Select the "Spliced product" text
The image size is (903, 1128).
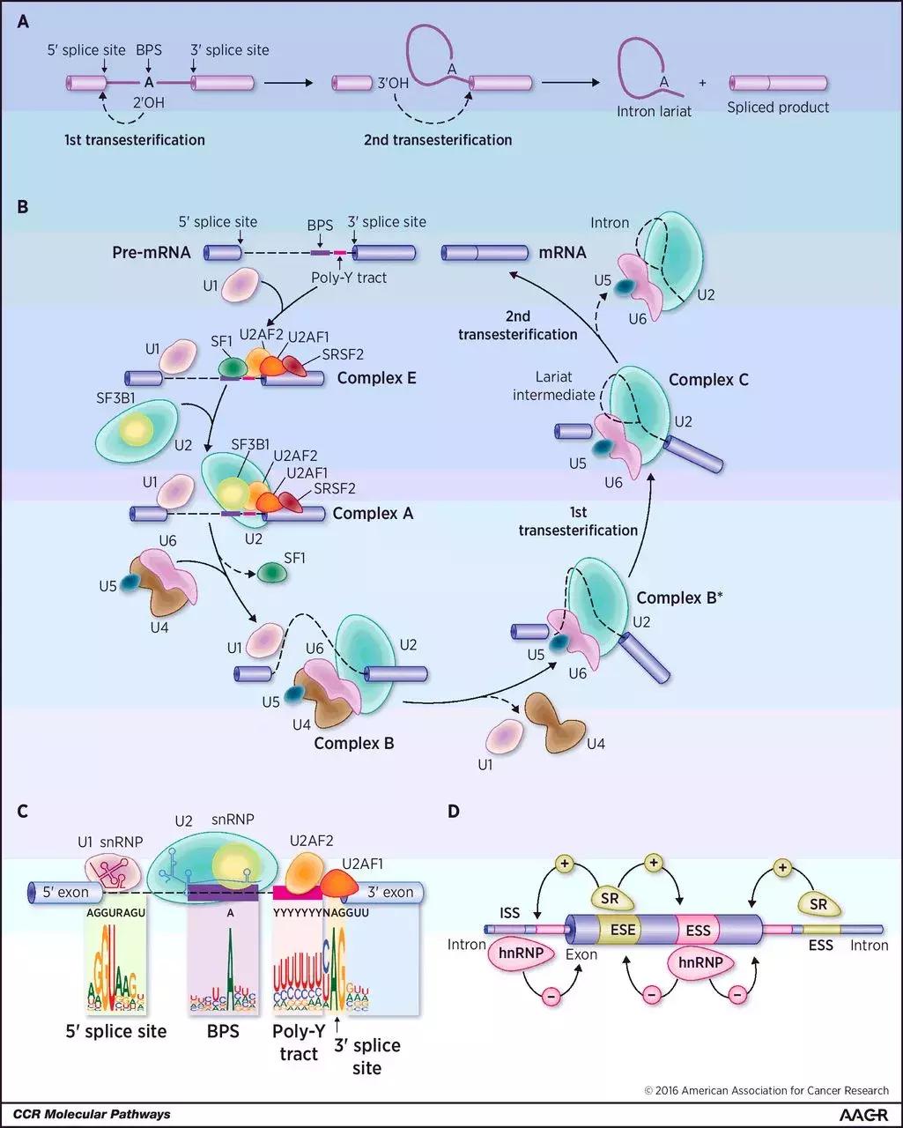pyautogui.click(x=778, y=108)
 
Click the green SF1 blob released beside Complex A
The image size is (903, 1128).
pyautogui.click(x=273, y=574)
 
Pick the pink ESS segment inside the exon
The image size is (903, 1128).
pyautogui.click(x=698, y=929)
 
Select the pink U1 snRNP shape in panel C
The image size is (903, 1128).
pyautogui.click(x=113, y=871)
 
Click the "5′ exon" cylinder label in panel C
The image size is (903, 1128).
pyautogui.click(x=66, y=892)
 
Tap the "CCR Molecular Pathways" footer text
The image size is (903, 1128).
pyautogui.click(x=92, y=1114)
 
